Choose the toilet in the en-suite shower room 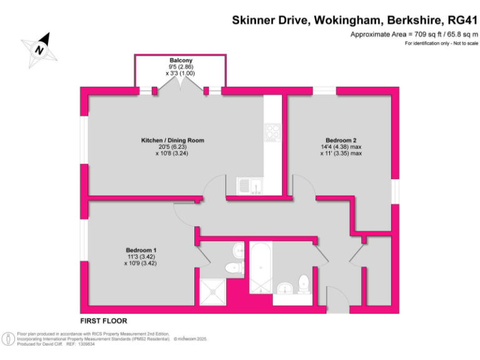(234, 268)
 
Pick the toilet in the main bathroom (304, 283)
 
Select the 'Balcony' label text (180, 60)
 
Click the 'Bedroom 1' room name (142, 250)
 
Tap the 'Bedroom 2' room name (341, 140)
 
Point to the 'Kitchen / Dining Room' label (172, 140)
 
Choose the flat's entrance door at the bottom (338, 306)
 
